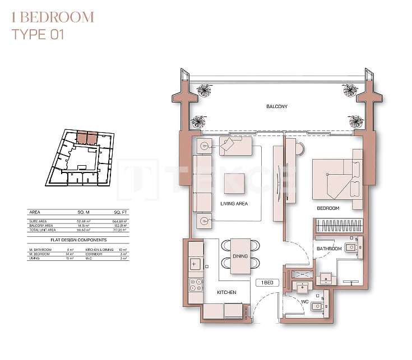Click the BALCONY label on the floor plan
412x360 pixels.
point(277,106)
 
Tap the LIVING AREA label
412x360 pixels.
point(234,203)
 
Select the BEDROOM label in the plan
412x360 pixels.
point(328,208)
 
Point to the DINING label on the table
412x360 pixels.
point(240,256)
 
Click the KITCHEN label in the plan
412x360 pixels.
point(226,292)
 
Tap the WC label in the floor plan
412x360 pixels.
point(305,302)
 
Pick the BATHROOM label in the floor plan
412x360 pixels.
point(329,249)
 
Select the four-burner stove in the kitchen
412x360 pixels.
point(196,285)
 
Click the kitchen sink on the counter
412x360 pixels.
point(196,263)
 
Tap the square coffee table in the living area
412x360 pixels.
point(234,183)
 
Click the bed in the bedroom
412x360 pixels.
point(334,178)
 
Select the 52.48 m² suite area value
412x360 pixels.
point(84,221)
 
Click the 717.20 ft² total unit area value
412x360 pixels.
point(120,230)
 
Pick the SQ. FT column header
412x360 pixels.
point(120,213)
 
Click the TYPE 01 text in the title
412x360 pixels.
point(38,35)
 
